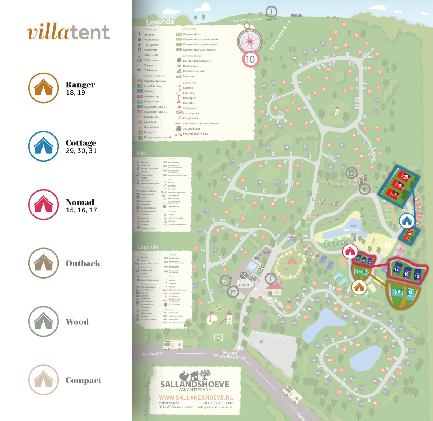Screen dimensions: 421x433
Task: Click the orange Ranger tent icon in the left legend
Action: click(43, 88)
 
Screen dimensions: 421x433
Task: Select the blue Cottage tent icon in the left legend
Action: click(43, 146)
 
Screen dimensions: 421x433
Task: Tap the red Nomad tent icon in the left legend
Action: click(43, 205)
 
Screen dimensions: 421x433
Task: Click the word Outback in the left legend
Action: click(83, 263)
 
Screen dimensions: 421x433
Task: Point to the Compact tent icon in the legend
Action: click(43, 380)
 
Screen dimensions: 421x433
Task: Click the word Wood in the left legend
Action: click(77, 322)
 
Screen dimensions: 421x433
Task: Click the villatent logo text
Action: click(68, 32)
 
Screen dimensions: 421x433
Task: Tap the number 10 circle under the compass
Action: click(250, 59)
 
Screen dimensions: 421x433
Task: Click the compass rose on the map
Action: click(250, 40)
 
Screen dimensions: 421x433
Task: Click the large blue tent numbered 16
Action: click(406, 273)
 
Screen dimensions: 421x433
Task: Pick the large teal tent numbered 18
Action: click(399, 291)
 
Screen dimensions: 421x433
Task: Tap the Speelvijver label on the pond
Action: click(351, 229)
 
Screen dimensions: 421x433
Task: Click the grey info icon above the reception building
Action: click(270, 279)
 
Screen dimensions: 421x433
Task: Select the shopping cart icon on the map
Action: click(233, 291)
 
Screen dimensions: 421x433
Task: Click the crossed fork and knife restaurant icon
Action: click(243, 276)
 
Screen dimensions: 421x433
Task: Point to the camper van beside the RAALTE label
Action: click(172, 345)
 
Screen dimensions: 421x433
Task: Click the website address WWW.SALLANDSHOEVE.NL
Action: click(196, 398)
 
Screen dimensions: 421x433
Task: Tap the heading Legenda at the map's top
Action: click(160, 22)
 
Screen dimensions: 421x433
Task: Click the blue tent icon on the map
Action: click(407, 221)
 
